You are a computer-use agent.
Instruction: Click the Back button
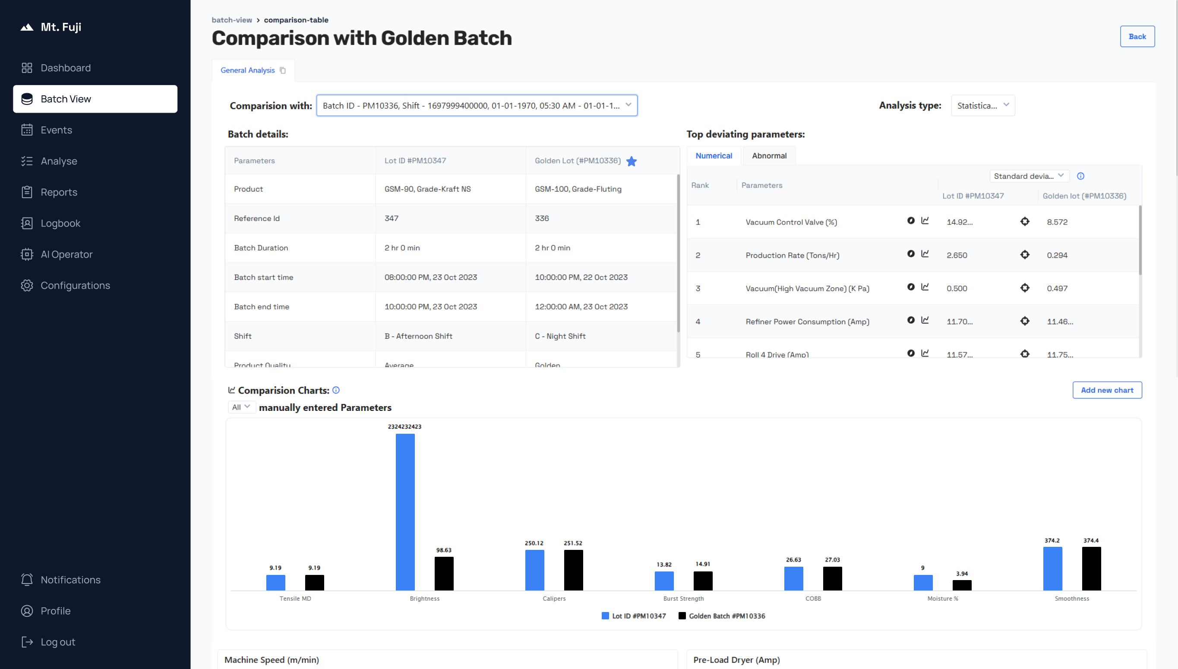coord(1137,36)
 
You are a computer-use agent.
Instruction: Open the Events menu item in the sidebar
coord(56,130)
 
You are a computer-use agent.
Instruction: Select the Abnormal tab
coord(769,156)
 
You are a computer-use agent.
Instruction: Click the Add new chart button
coord(1106,390)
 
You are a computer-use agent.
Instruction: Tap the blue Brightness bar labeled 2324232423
coord(405,512)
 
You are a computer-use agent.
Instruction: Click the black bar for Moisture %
coord(961,585)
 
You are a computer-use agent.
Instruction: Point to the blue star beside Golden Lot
coord(631,161)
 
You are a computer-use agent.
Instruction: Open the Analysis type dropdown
coord(982,106)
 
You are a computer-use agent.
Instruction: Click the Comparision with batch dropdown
coord(477,106)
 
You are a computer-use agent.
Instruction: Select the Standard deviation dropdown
coord(1029,176)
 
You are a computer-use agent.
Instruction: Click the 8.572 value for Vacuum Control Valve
coord(1057,222)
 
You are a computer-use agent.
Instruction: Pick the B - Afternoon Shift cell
coord(418,336)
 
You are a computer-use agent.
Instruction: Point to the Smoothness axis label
coord(1071,598)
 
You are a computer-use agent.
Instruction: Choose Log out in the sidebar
coord(57,642)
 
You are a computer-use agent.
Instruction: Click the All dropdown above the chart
coord(241,407)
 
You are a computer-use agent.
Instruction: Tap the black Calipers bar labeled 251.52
coord(573,570)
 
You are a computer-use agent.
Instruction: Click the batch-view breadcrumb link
coord(231,20)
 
